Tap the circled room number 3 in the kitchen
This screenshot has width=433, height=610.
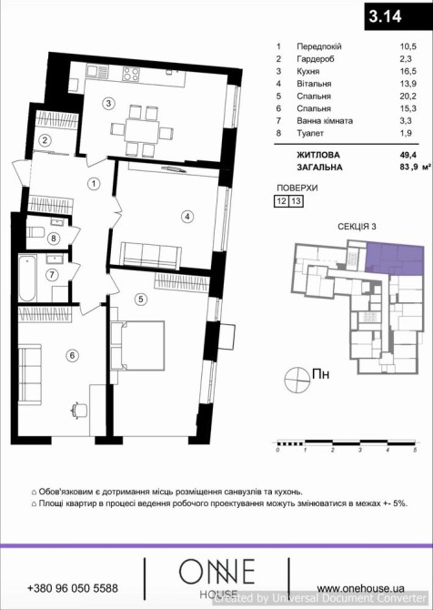[x=109, y=103]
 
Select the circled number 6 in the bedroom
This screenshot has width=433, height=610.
[x=72, y=355]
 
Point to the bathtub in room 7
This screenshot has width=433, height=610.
[x=27, y=278]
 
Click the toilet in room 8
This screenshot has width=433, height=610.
[x=35, y=232]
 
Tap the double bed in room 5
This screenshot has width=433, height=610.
[x=137, y=345]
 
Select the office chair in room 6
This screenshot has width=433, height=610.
[x=79, y=410]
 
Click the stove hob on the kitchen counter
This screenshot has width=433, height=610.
[x=131, y=73]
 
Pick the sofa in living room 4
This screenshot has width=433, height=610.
[x=150, y=256]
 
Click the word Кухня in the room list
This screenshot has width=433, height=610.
[x=307, y=72]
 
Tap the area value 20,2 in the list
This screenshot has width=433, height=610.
[x=408, y=97]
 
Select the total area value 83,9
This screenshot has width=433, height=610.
[x=408, y=168]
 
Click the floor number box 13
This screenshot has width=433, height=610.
[x=296, y=201]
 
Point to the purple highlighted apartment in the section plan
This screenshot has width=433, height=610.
[x=393, y=258]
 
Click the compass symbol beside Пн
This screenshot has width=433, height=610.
[x=296, y=380]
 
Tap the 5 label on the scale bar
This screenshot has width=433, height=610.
[x=415, y=450]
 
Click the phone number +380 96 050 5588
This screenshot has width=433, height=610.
[x=73, y=588]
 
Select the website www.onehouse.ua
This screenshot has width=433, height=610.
[x=360, y=588]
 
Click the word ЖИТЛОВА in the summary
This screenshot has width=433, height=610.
[x=318, y=155]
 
